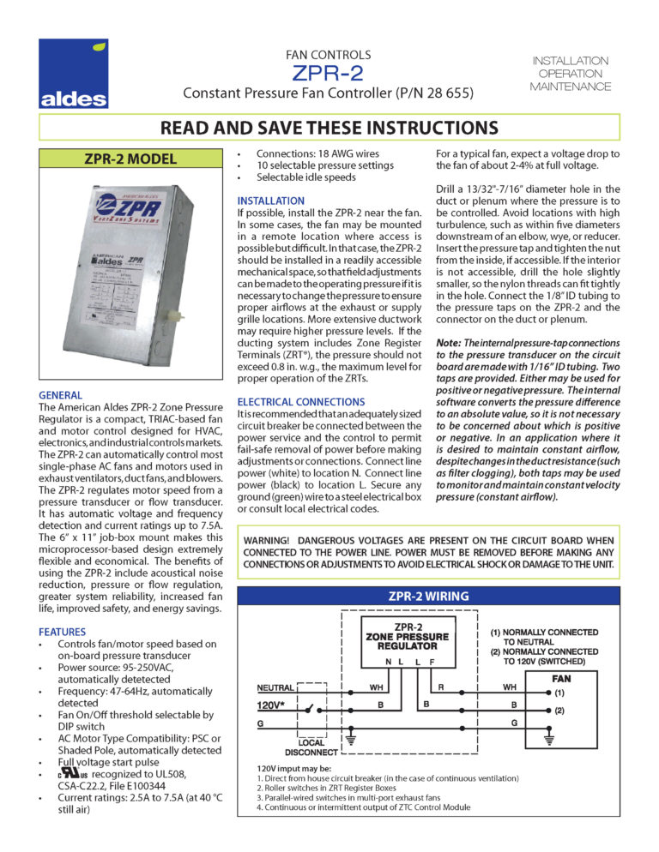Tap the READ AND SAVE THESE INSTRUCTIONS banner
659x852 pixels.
(329, 128)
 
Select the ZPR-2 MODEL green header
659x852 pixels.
(130, 159)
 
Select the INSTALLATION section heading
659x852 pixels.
(271, 201)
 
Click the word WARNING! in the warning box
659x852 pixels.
(273, 540)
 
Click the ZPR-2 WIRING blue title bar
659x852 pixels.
(430, 596)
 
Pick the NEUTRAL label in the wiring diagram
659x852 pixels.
(275, 687)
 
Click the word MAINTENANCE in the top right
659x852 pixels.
(570, 87)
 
